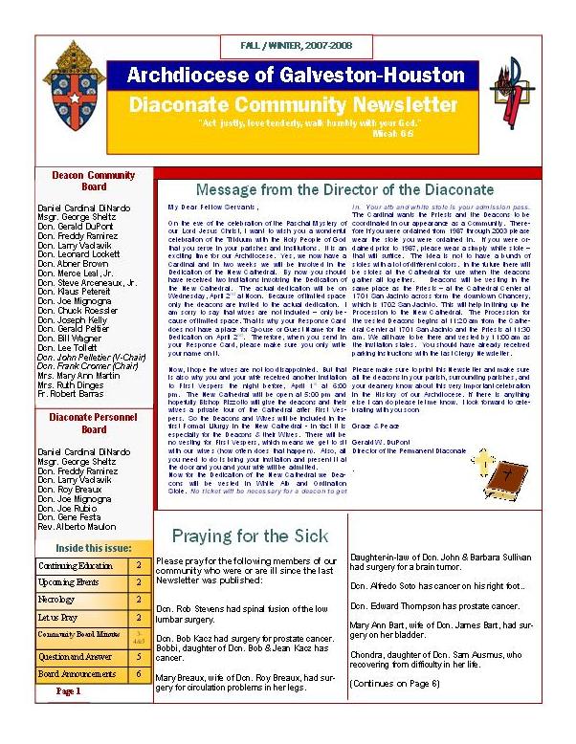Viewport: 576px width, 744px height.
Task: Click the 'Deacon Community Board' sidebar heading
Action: tap(93, 181)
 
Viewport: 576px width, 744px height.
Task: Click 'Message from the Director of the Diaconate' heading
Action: tap(343, 189)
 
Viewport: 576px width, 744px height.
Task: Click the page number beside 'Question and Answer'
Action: tap(138, 656)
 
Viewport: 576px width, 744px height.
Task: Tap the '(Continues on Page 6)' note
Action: tap(394, 683)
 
